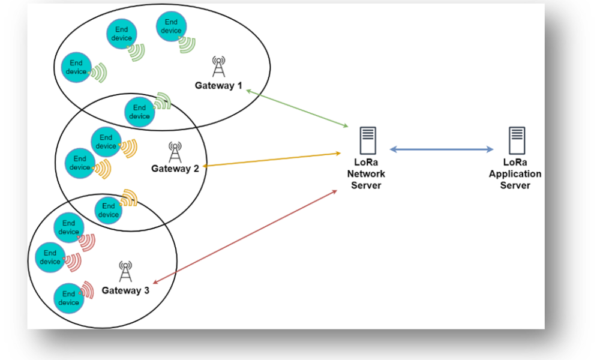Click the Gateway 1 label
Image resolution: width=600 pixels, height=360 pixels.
pos(218,85)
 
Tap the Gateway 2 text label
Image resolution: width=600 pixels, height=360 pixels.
pos(175,169)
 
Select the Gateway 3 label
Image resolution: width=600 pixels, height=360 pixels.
pos(125,290)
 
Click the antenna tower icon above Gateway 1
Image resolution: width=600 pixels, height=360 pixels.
pos(218,67)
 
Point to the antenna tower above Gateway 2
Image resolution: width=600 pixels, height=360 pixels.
pos(175,152)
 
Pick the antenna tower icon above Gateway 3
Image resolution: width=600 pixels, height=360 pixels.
pos(125,271)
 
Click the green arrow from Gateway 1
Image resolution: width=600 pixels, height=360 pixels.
pos(298,108)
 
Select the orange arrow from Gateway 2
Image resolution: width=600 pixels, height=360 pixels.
pos(272,160)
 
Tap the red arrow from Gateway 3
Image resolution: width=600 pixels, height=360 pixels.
pos(245,237)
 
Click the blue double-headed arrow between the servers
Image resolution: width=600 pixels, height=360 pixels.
pos(442,149)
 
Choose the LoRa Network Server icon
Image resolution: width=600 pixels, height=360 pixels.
pos(368,140)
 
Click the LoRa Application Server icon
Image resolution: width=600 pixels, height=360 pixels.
pos(517,140)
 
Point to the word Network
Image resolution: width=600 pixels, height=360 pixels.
pos(366,173)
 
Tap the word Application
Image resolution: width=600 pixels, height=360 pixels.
pos(515,174)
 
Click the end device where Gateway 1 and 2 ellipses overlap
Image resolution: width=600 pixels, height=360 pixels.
pos(140,112)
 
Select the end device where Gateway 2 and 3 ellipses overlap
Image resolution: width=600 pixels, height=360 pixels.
pos(109,211)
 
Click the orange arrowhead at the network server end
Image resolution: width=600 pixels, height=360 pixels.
pos(337,154)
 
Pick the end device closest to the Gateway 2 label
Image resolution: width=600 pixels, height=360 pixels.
pos(106,142)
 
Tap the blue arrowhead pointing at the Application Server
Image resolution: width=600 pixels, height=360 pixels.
pos(490,149)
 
